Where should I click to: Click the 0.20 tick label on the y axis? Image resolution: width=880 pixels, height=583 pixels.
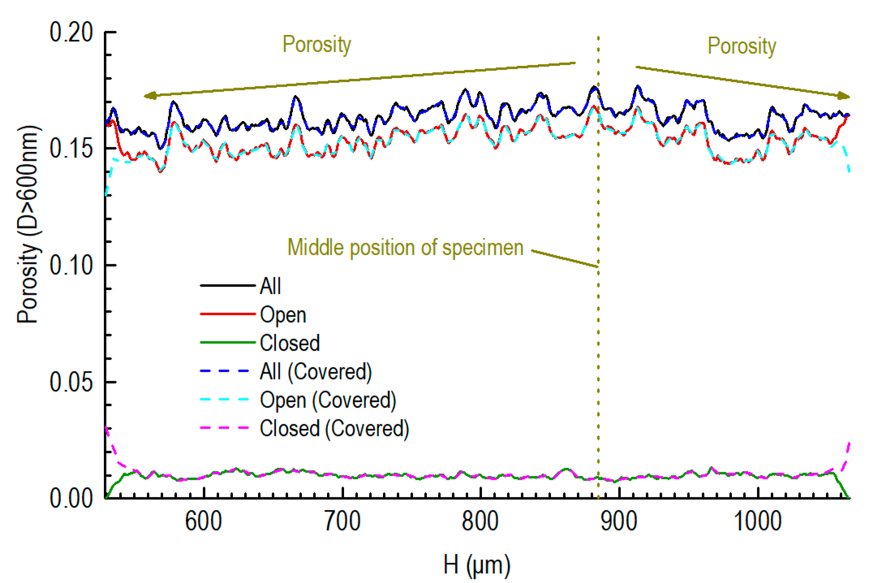tap(71, 32)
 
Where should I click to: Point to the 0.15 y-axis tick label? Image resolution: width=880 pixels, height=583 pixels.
tap(71, 149)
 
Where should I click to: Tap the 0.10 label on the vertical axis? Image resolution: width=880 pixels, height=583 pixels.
tap(71, 266)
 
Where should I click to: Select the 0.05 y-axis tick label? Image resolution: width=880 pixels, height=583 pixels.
tap(71, 382)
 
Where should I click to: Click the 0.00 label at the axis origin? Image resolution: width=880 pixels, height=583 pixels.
tap(71, 499)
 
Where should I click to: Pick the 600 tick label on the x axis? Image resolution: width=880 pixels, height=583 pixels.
tap(203, 522)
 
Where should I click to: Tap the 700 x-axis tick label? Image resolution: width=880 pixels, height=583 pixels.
tap(342, 522)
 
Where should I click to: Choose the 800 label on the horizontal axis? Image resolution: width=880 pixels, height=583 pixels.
tap(480, 522)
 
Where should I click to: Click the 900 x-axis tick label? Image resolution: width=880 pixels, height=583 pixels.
tap(619, 522)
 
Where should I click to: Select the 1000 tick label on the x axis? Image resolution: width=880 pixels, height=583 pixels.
tap(757, 522)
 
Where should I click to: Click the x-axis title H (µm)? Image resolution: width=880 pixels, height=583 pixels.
tap(477, 565)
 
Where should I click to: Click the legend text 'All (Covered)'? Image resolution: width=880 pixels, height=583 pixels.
tap(316, 371)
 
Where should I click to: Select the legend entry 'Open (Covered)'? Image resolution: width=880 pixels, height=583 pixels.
tap(328, 400)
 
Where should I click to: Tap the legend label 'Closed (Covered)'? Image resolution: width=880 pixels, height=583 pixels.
tap(334, 428)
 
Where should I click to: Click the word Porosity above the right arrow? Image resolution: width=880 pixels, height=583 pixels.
tap(741, 46)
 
